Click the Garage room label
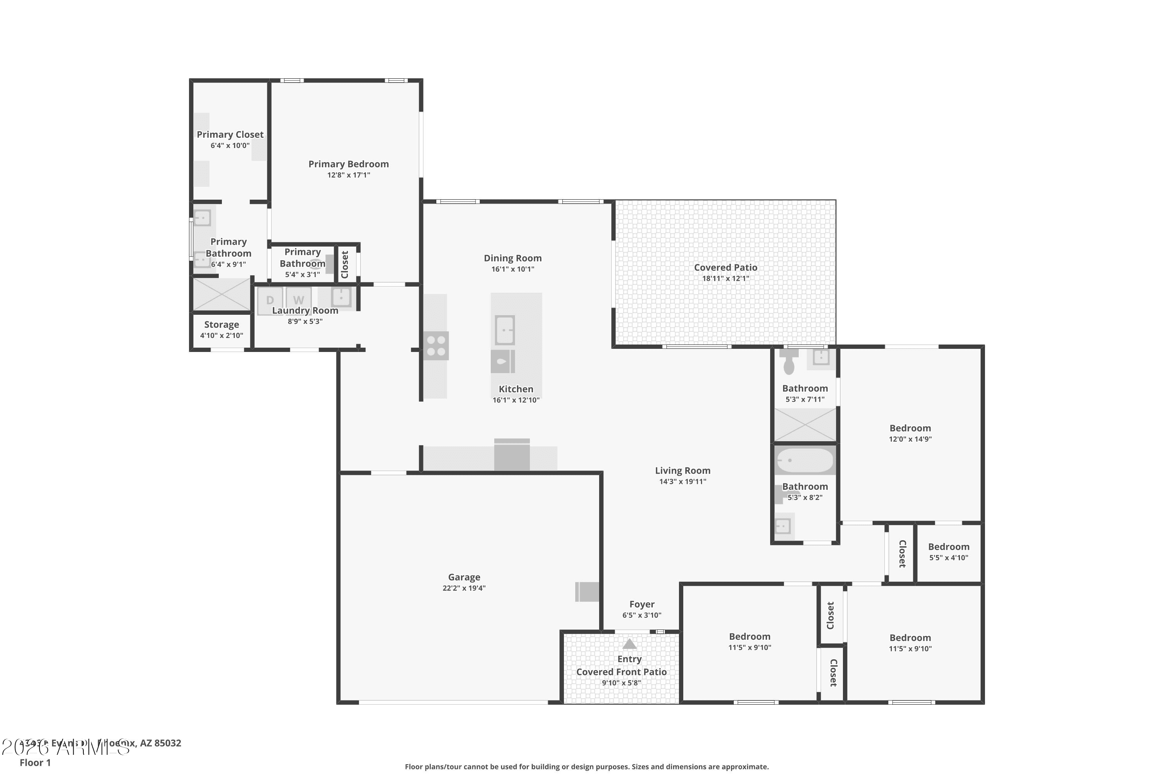coord(464,577)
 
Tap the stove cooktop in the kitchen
coord(436,346)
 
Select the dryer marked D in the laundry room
coord(270,300)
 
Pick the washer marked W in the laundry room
coord(299,300)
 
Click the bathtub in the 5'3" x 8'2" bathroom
coord(805,460)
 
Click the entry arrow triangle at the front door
coord(629,644)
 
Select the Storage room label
coord(221,325)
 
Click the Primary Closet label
coord(230,134)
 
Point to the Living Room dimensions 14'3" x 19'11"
coord(682,482)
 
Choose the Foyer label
coord(641,604)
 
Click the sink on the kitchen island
coord(505,330)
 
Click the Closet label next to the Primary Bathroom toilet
coord(344,264)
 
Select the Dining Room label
coord(512,258)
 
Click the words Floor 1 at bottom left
coord(35,763)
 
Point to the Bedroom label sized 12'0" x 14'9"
coord(910,428)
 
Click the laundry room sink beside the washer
coord(341,297)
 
